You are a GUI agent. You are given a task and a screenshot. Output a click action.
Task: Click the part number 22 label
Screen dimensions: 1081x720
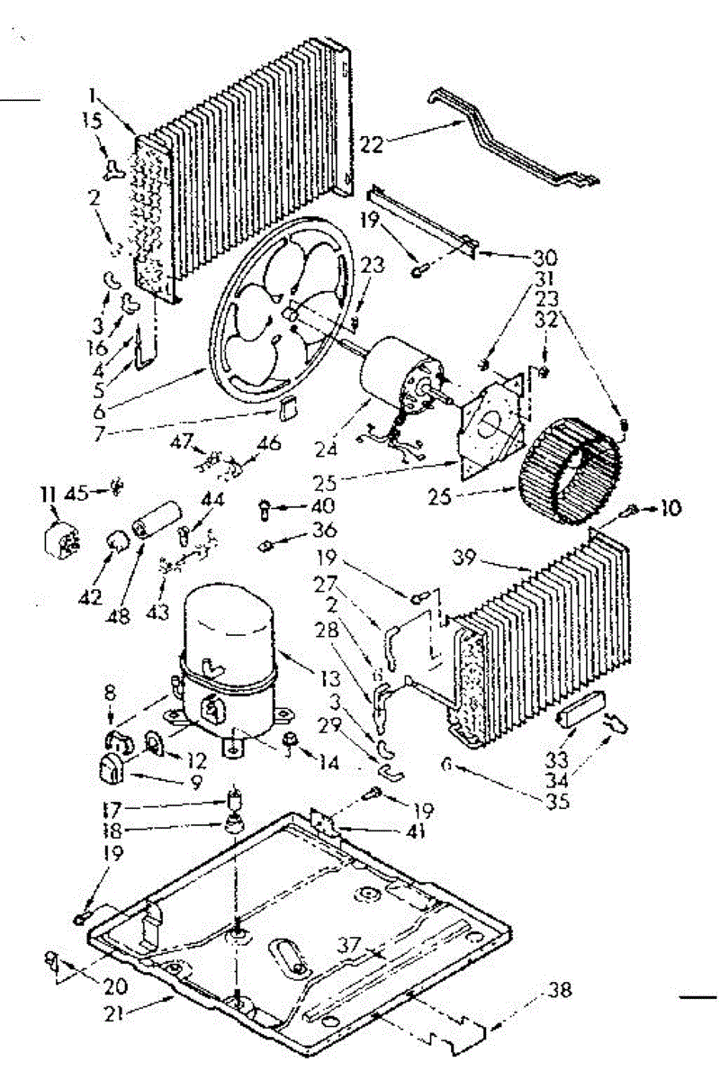(x=371, y=141)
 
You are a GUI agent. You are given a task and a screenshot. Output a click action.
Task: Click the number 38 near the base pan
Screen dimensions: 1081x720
(x=559, y=990)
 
